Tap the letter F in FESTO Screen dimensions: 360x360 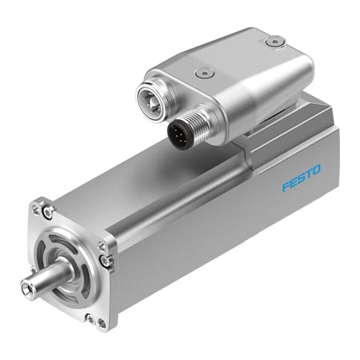point(286,186)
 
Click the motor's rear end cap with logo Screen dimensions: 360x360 point(300,180)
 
